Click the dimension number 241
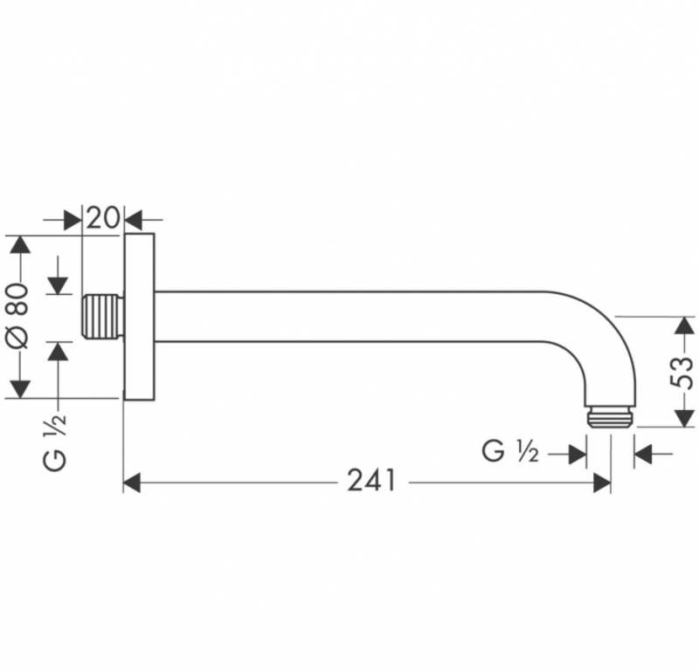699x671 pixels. click(371, 480)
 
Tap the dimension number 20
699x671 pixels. click(103, 218)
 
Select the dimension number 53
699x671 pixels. click(682, 373)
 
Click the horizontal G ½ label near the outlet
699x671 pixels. click(510, 451)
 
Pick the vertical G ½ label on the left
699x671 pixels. click(55, 442)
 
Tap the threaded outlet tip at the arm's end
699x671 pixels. click(608, 416)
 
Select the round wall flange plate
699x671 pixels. click(139, 317)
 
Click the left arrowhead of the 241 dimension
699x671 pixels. click(132, 483)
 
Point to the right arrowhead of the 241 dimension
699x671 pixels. click(602, 483)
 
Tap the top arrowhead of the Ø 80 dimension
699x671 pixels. click(19, 245)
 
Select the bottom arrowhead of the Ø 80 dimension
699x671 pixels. click(19, 389)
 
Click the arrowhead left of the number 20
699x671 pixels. click(73, 220)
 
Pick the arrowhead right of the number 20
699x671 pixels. click(134, 220)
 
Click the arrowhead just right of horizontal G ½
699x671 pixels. click(578, 455)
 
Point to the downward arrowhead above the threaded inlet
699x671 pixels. click(58, 285)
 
